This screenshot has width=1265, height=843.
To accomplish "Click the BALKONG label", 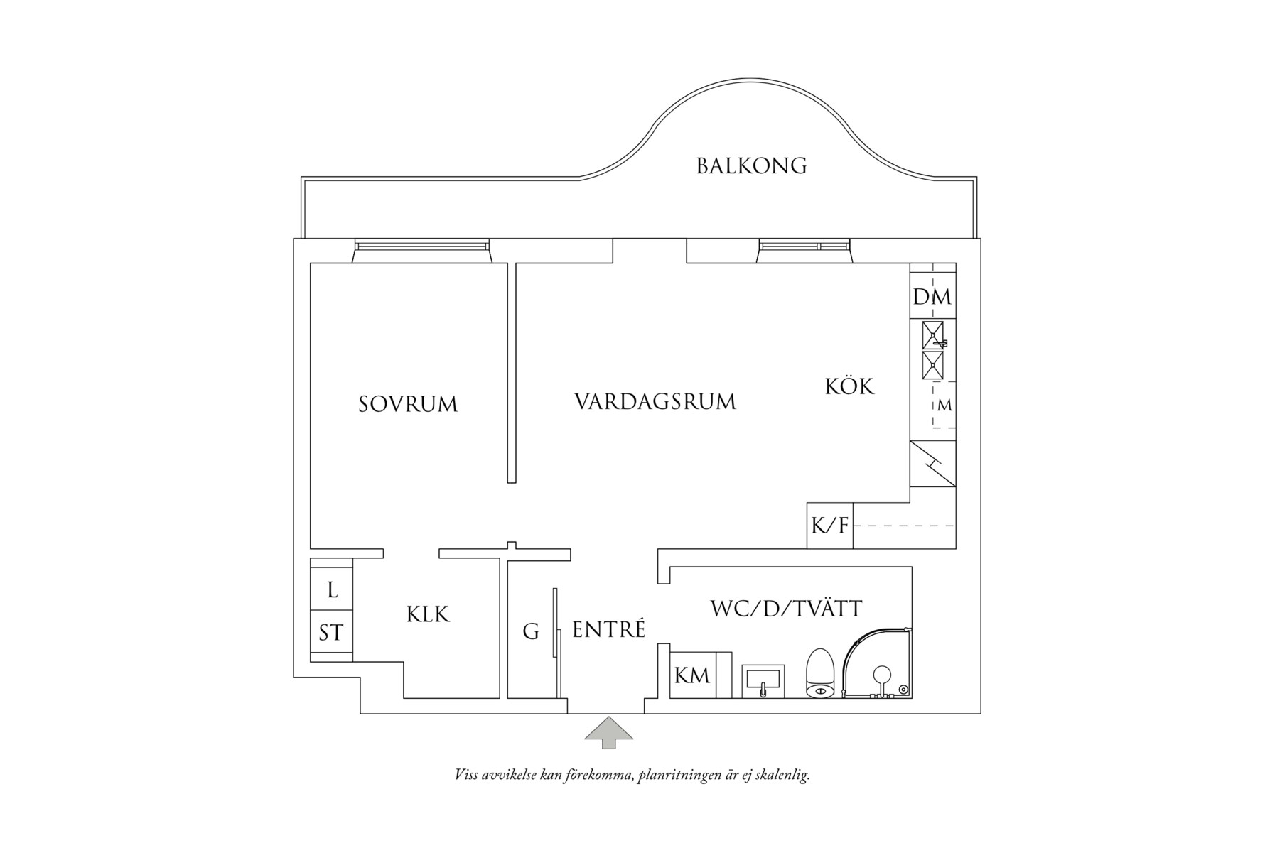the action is tap(751, 166).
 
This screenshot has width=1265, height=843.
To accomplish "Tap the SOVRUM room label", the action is tap(408, 404).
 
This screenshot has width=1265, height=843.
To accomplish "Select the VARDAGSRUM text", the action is tap(655, 401).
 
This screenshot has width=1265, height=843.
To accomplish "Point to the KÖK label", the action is tap(849, 386).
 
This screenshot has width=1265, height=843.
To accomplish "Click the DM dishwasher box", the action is tap(932, 297).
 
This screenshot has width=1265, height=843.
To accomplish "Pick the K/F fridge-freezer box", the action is tap(830, 526).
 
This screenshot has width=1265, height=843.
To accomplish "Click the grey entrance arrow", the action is tap(608, 733).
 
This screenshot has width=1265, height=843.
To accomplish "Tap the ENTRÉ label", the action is tap(608, 630).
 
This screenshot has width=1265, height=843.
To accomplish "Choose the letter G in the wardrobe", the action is tap(531, 631).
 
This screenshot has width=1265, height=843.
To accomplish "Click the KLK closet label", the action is tap(429, 614).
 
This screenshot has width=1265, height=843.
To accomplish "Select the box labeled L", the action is tap(332, 589).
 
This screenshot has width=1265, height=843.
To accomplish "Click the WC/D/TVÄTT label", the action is tap(786, 609).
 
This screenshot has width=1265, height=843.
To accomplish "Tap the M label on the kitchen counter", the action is tap(944, 406).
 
